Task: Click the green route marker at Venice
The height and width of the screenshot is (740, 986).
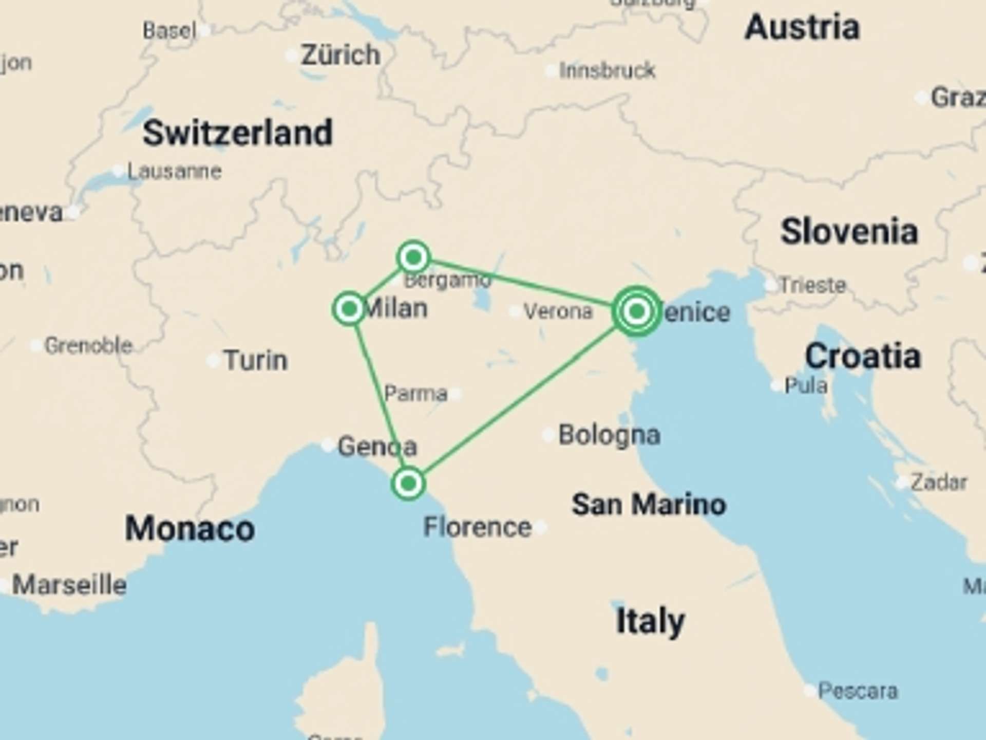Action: (x=637, y=311)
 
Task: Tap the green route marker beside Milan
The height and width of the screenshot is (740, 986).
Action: (x=349, y=309)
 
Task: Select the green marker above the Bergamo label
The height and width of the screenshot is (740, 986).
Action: (x=413, y=256)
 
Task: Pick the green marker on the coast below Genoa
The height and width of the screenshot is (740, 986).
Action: (x=408, y=483)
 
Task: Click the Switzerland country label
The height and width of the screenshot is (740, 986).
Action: (x=238, y=133)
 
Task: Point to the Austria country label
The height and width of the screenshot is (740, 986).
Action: (x=802, y=27)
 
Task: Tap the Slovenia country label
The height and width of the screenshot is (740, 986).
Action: (x=849, y=232)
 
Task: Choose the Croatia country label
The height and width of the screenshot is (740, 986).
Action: (x=863, y=356)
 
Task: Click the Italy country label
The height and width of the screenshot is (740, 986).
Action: (x=650, y=621)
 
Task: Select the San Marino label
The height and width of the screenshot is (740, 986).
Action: (x=649, y=504)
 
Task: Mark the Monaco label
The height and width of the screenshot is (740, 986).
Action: (x=190, y=528)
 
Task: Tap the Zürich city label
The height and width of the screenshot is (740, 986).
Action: (x=340, y=55)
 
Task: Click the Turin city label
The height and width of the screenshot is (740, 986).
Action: (x=256, y=360)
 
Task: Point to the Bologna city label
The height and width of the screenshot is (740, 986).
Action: (x=609, y=435)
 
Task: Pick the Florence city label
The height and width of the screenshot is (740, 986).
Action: (x=478, y=527)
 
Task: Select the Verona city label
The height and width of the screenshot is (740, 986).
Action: (x=558, y=311)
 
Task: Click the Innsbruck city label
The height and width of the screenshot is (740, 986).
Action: (x=607, y=70)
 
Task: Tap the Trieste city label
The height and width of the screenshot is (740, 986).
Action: (x=812, y=285)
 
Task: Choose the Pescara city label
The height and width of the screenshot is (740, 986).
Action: (x=858, y=691)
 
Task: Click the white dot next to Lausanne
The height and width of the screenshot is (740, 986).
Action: (x=119, y=171)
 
